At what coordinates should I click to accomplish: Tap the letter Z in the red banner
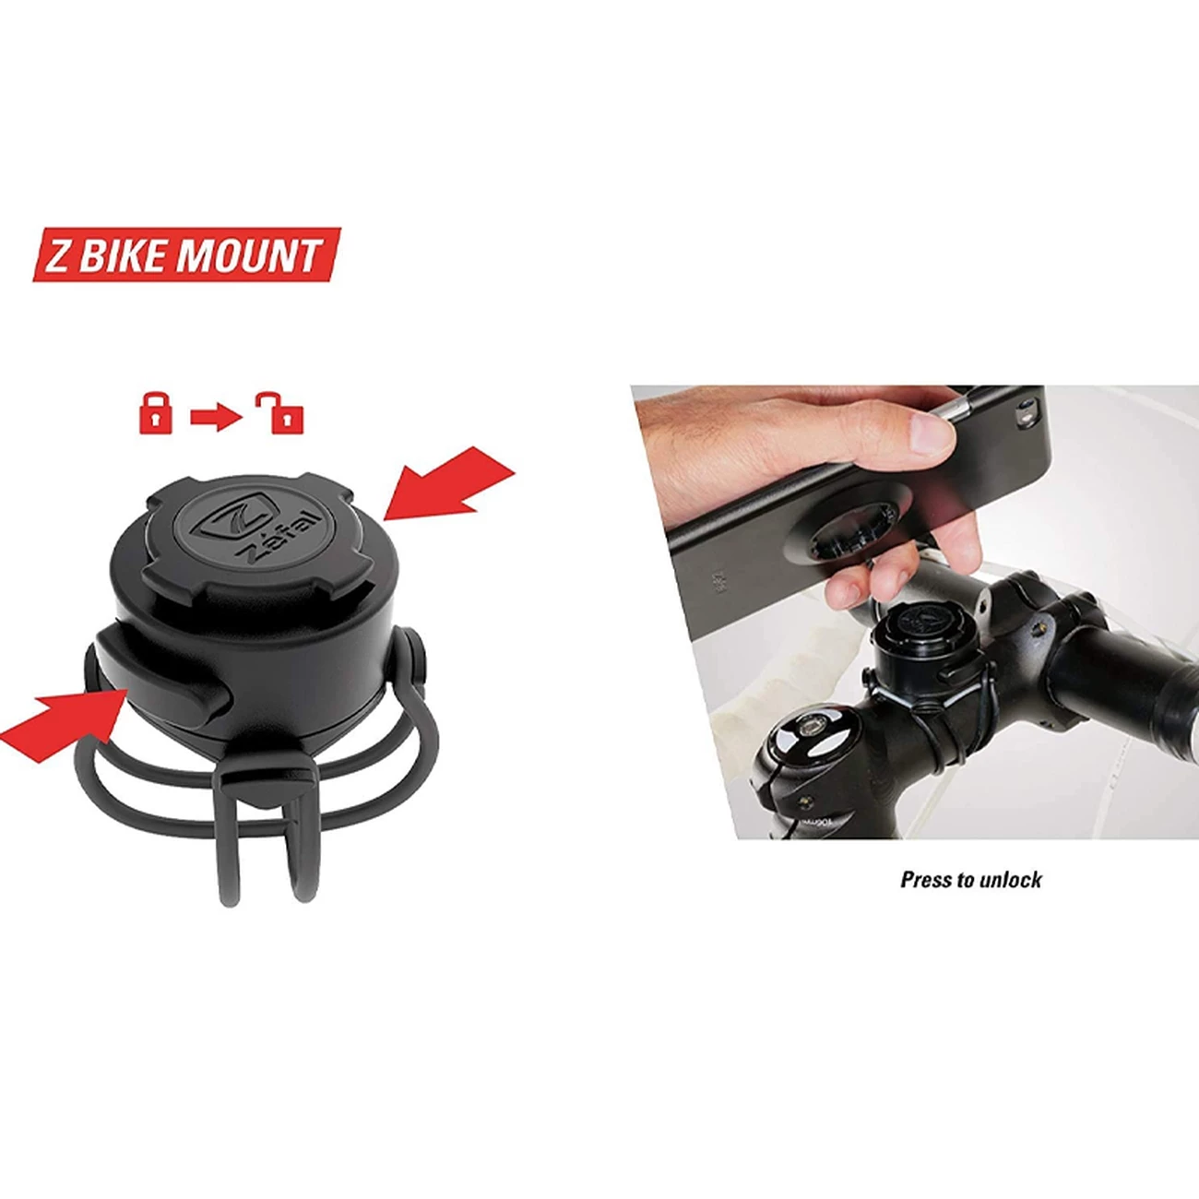click(57, 256)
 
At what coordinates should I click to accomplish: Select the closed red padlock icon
click(155, 413)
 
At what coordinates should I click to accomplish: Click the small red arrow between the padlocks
click(216, 417)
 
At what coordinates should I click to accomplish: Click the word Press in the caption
click(925, 880)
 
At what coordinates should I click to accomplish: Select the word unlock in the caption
click(1011, 880)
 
